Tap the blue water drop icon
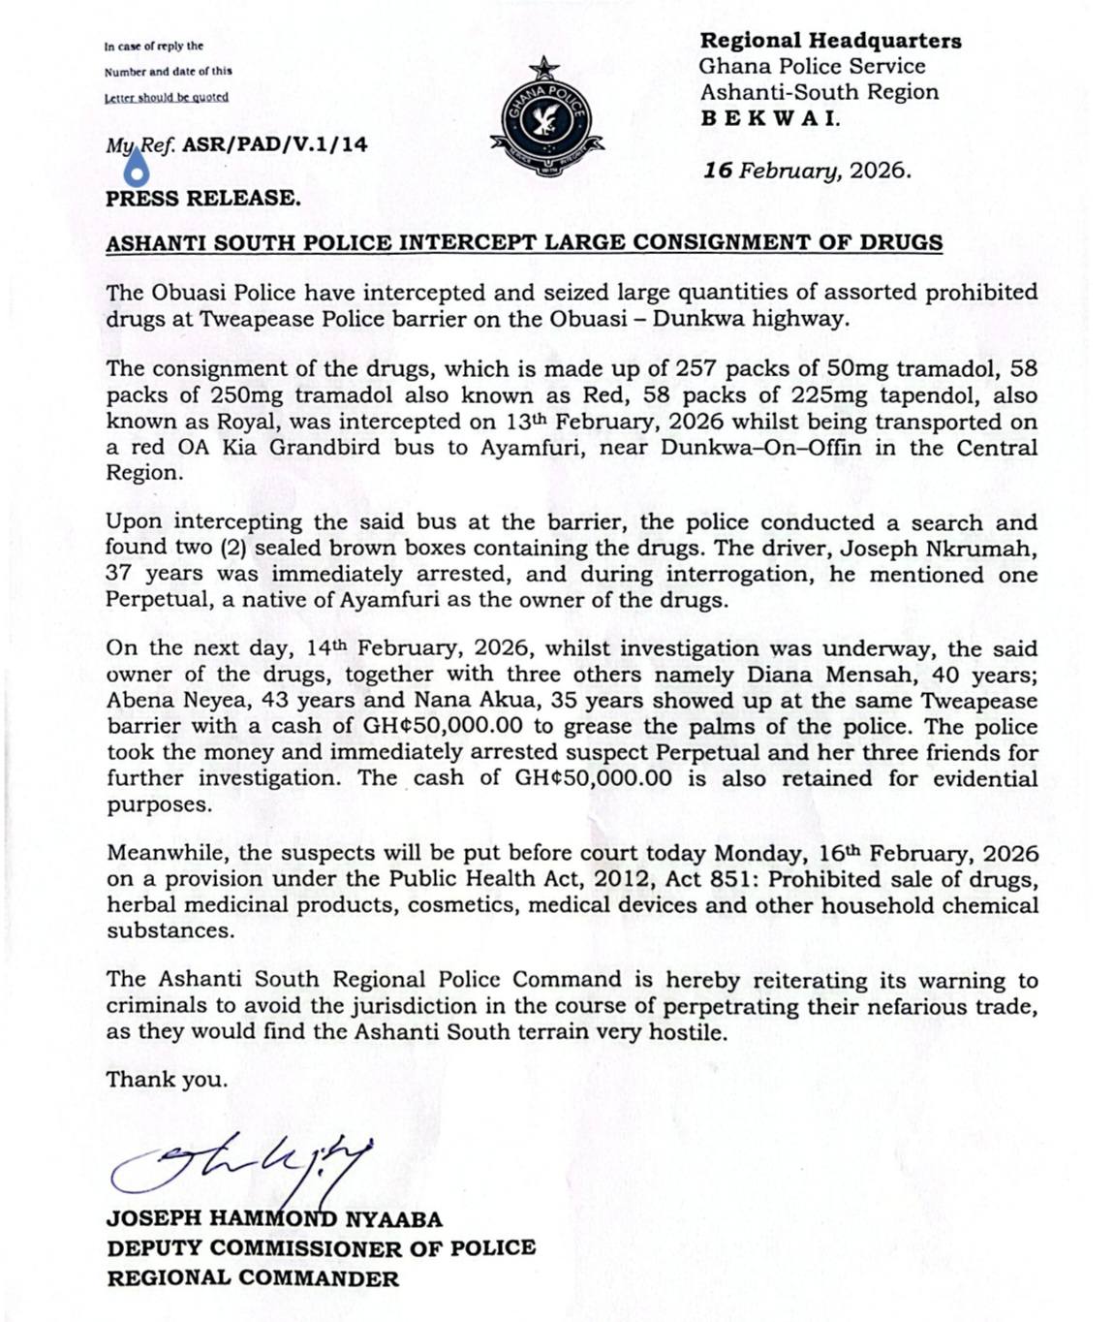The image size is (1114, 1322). click(x=138, y=172)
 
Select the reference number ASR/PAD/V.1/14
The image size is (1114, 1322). click(x=275, y=145)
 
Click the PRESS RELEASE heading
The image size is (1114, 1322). click(x=202, y=199)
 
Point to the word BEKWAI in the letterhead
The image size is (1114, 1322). click(x=770, y=119)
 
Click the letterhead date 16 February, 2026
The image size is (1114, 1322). click(x=807, y=171)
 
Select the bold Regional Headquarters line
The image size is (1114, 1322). click(x=830, y=41)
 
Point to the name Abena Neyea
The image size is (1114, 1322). click(x=167, y=701)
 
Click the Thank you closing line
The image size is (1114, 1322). click(x=167, y=1080)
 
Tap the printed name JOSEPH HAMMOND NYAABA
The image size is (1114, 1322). click(x=274, y=1219)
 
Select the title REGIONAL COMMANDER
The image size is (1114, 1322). click(x=252, y=1278)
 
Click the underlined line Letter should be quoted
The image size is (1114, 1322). click(x=167, y=97)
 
